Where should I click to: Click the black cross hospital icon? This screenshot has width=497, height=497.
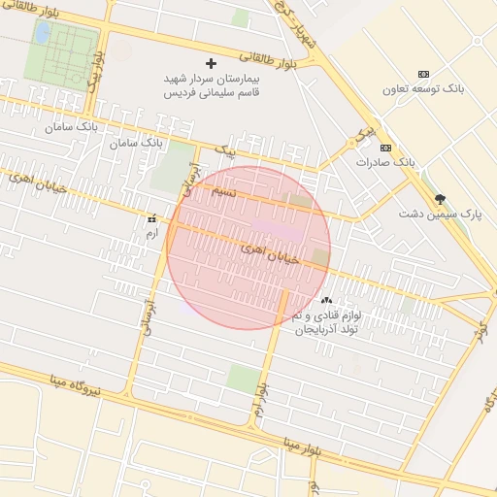coord(212,63)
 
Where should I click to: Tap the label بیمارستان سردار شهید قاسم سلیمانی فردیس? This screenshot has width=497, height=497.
coord(212,85)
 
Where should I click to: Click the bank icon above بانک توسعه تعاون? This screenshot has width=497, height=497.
coord(423,75)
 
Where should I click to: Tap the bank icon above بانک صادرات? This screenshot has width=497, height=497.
coord(386,148)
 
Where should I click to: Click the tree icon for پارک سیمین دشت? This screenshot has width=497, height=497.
coord(441,197)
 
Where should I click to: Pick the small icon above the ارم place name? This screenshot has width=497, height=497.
coord(150,220)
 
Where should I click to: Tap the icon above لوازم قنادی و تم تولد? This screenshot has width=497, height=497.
coord(326,301)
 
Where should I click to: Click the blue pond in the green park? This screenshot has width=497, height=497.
coord(43,32)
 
